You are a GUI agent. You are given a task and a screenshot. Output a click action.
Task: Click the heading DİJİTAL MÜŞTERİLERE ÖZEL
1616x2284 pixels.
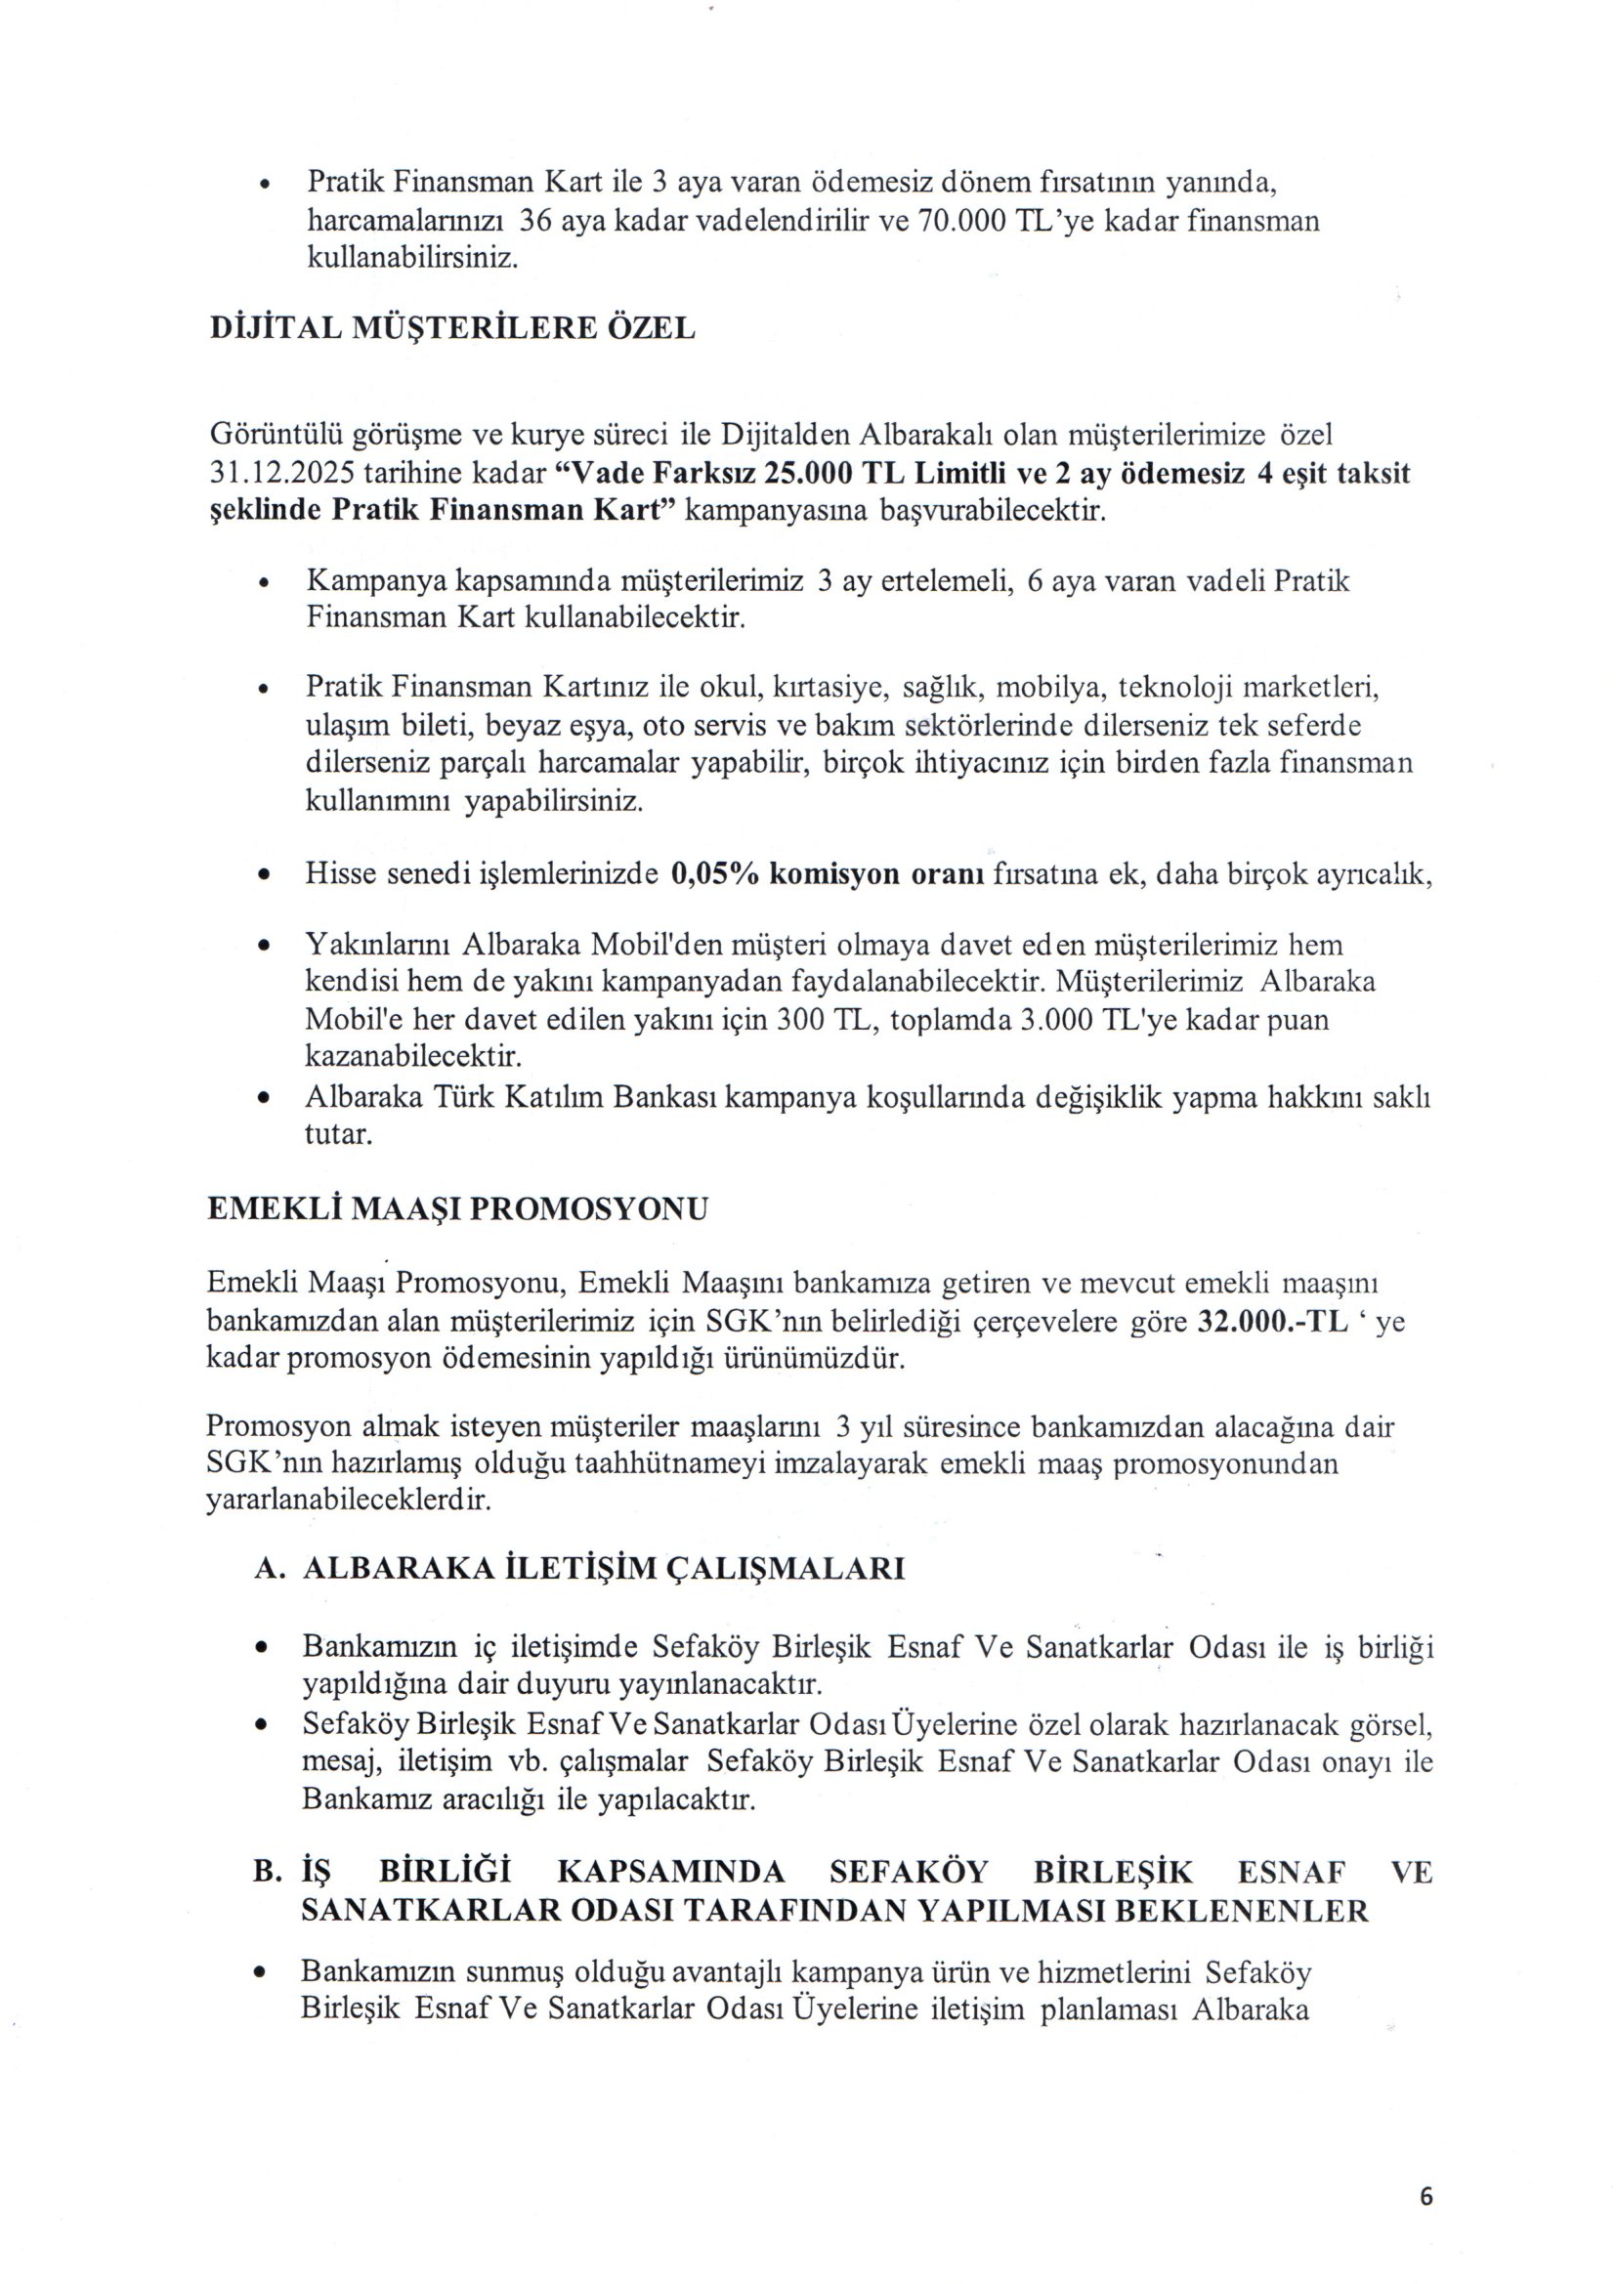[x=451, y=328]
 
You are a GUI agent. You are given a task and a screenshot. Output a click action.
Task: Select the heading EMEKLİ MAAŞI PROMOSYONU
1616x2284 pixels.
[x=456, y=1208]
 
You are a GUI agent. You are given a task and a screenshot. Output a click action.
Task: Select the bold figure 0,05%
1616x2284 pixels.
[x=716, y=874]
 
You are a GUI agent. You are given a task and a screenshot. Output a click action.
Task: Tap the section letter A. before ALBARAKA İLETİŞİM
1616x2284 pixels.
[x=271, y=1569]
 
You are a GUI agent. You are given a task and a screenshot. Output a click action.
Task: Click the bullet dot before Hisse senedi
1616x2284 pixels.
[x=264, y=875]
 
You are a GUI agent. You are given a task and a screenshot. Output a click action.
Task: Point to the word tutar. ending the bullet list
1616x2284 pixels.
[x=338, y=1134]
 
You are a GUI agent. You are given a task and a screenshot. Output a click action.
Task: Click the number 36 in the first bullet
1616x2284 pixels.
[x=536, y=220]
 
